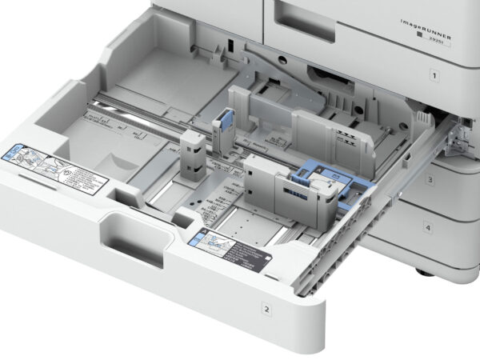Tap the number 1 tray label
[x=434, y=77]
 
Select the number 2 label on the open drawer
[x=266, y=306]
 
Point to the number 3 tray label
[x=429, y=180]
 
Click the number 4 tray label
[x=427, y=228]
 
